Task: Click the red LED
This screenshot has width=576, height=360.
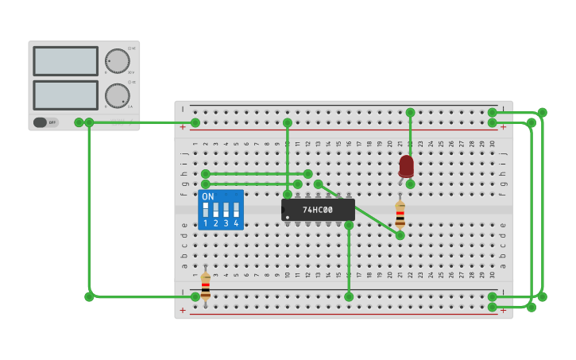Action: tap(406, 165)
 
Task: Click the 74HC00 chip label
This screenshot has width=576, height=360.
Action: tap(318, 210)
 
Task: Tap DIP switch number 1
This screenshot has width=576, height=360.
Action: tap(206, 210)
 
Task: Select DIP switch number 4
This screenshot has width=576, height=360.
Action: tap(236, 210)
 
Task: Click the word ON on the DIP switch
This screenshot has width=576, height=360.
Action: tap(207, 196)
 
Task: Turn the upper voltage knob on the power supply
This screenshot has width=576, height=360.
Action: tap(117, 61)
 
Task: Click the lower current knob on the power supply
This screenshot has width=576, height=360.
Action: tap(117, 95)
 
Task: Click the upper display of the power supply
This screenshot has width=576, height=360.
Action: tap(65, 61)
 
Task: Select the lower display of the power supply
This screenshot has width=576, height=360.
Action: tap(65, 95)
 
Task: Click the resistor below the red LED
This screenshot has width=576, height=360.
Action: tap(400, 213)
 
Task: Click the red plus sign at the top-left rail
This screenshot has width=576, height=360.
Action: tap(183, 126)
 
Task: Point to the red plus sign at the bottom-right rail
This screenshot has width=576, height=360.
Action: tap(503, 310)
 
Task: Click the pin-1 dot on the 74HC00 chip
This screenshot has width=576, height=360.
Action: tap(288, 217)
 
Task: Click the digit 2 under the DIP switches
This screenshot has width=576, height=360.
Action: tap(215, 224)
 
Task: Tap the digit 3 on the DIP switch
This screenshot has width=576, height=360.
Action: tap(226, 224)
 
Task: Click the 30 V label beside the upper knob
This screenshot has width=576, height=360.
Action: tap(131, 72)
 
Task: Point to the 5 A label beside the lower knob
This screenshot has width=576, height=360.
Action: tap(131, 106)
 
